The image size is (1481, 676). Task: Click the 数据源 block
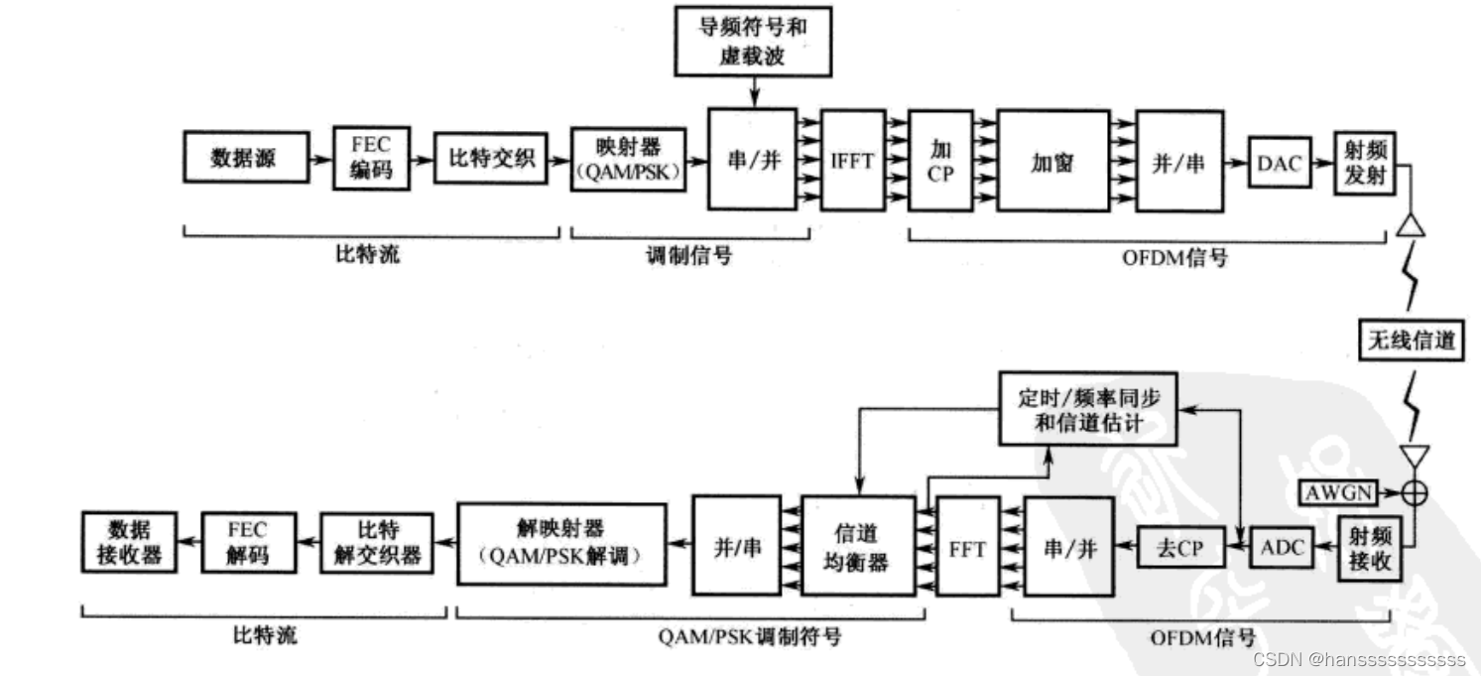[x=244, y=158]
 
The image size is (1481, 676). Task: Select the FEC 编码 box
[x=371, y=158]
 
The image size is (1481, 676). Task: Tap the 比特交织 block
[x=491, y=158]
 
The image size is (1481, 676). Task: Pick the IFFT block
[x=852, y=159]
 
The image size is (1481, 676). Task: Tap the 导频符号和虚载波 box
[x=753, y=41]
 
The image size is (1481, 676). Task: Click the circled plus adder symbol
[x=1413, y=491]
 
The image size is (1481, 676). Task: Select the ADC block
[x=1285, y=546]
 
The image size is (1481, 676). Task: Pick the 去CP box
[x=1177, y=547]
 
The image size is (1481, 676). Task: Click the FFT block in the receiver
[x=966, y=547]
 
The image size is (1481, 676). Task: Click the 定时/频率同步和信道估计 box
[x=1087, y=410]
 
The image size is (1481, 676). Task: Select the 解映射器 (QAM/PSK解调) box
[x=561, y=543]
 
